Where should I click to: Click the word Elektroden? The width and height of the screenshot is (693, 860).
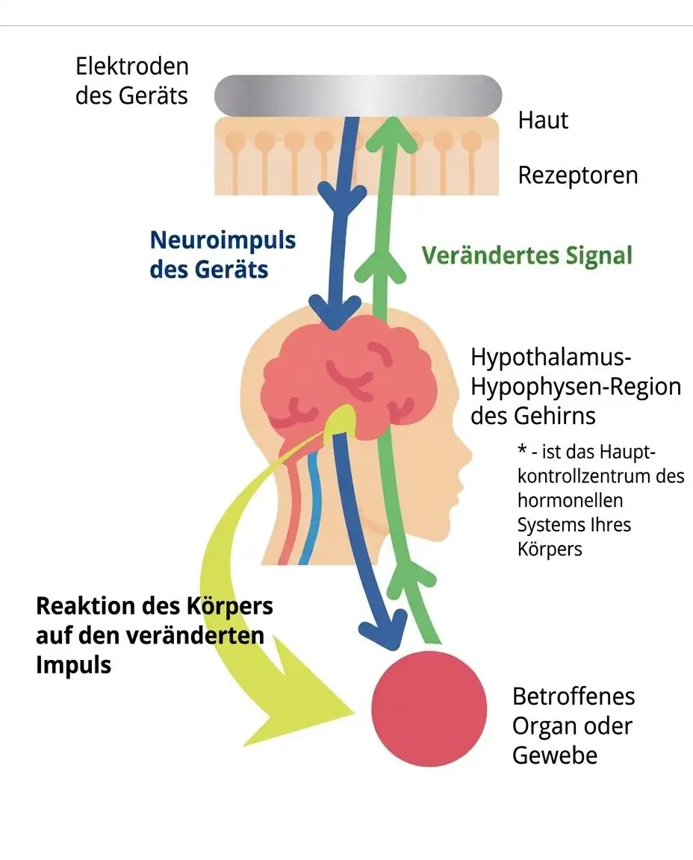click(132, 66)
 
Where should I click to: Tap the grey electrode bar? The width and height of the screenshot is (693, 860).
click(358, 95)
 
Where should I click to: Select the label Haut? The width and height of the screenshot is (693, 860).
click(543, 120)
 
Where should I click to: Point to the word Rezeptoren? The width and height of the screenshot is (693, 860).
click(578, 175)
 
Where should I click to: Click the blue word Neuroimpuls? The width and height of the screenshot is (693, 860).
click(223, 240)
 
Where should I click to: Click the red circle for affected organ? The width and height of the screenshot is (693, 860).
click(429, 708)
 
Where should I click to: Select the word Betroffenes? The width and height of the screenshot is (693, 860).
click(574, 697)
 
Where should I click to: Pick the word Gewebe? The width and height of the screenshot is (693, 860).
click(555, 755)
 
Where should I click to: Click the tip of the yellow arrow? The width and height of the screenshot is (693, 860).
click(355, 713)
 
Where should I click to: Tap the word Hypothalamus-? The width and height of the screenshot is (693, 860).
click(551, 358)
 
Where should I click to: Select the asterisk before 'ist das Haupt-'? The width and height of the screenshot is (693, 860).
click(522, 450)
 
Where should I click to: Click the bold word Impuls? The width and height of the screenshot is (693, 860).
click(73, 665)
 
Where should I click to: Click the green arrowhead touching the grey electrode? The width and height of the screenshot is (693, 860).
click(392, 134)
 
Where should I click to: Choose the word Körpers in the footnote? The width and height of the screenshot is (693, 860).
click(550, 549)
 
